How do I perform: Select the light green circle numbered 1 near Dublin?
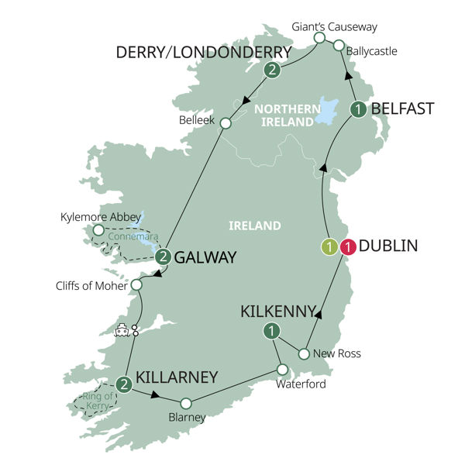tap(329, 248)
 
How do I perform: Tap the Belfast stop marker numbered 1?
tap(357, 110)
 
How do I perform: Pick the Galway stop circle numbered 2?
tap(163, 257)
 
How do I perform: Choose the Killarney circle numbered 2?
tap(123, 383)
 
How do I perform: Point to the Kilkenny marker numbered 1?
tap(270, 332)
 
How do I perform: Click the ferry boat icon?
tap(122, 329)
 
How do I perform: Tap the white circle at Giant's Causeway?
tap(319, 37)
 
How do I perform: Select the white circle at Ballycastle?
tap(339, 46)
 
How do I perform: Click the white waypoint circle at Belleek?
tap(226, 123)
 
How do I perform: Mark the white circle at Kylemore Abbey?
tap(98, 229)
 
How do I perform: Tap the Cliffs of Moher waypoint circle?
tap(137, 285)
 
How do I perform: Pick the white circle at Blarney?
tap(186, 403)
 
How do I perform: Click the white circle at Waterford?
tap(283, 369)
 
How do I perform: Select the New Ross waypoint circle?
tap(304, 354)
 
